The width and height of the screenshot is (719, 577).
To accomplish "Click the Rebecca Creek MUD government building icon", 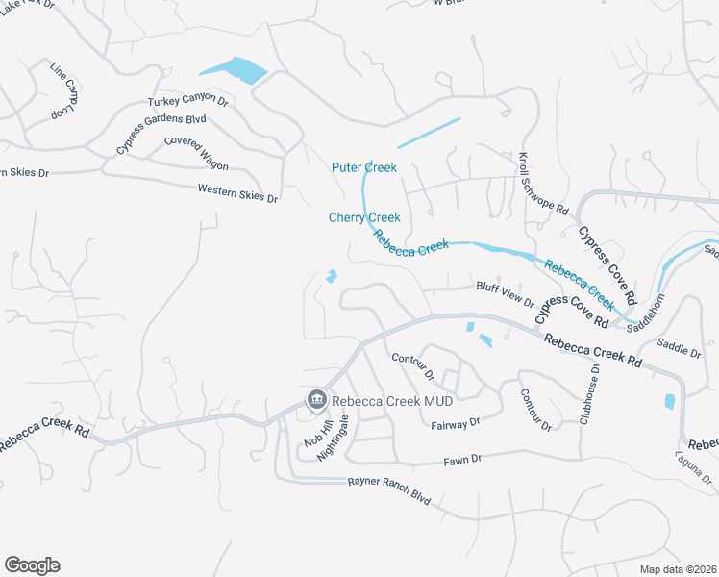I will click(315, 399).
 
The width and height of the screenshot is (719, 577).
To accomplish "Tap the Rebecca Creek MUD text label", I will click(377, 399).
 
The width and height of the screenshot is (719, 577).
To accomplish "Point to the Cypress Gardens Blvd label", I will click(161, 134).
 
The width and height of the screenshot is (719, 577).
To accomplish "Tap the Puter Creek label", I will click(364, 167).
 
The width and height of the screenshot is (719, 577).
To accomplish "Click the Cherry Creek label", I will click(364, 218).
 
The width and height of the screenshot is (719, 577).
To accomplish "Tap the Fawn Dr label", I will click(461, 461).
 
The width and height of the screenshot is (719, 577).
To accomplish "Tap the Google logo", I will click(32, 564).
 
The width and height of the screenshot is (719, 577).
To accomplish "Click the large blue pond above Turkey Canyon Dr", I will click(233, 70).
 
